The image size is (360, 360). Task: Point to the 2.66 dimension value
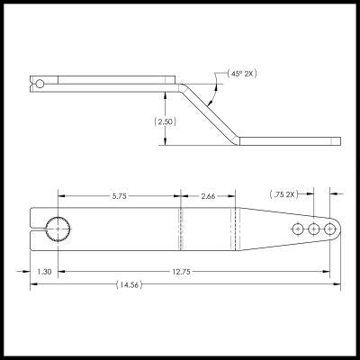coord(207,195)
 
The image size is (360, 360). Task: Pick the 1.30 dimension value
coord(43,271)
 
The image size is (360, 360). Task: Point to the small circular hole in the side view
coord(39,84)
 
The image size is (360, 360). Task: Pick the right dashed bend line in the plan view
coord(237,231)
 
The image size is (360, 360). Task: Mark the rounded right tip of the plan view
coord(339,231)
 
